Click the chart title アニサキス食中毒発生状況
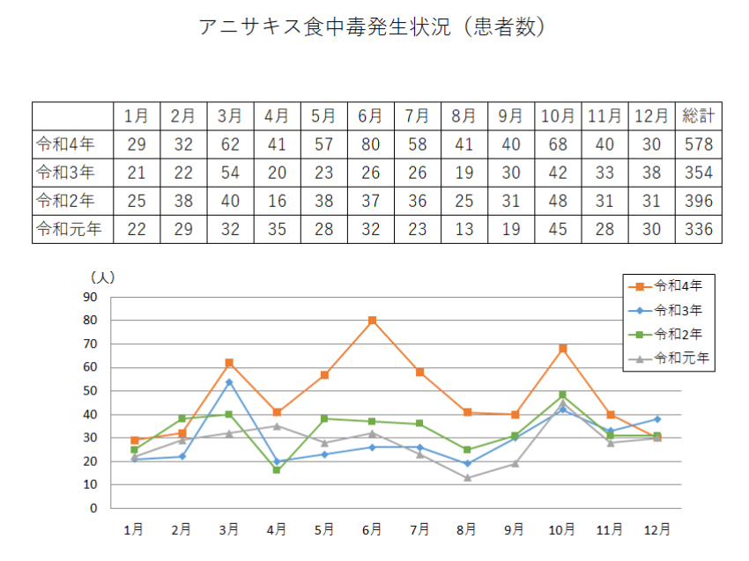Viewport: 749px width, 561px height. [374, 27]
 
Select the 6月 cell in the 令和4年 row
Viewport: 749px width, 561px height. [370, 144]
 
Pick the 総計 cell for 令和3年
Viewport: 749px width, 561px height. [699, 173]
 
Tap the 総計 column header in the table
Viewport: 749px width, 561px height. [699, 116]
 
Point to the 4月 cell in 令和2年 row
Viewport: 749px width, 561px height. [276, 202]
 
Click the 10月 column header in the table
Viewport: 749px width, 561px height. [558, 116]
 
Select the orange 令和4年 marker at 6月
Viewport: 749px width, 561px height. [372, 321]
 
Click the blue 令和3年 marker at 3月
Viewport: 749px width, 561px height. [229, 381]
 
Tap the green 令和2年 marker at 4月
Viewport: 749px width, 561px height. [277, 470]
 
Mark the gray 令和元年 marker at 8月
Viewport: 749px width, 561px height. [467, 477]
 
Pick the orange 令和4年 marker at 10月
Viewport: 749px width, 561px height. [562, 349]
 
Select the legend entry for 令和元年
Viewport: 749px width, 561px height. [679, 358]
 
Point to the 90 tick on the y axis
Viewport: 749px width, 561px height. [91, 297]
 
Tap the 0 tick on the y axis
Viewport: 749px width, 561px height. [94, 508]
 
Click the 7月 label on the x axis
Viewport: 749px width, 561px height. [419, 530]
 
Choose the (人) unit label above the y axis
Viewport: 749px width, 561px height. [102, 277]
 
